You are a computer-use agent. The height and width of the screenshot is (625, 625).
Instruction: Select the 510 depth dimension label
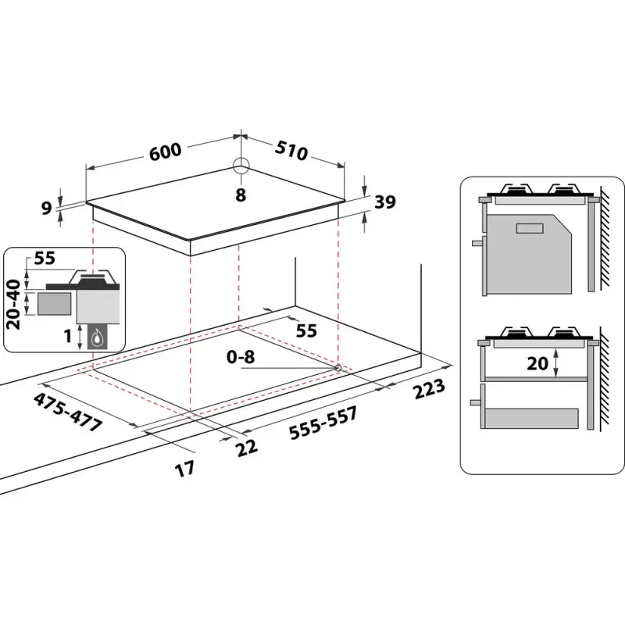coord(290,151)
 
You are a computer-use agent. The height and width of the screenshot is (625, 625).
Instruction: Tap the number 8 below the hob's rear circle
coord(241,195)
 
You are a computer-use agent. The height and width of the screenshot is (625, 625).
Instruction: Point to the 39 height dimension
coord(384,202)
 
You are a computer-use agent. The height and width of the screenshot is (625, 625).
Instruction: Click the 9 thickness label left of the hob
coord(46,208)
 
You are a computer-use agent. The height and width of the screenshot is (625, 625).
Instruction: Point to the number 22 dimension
coord(247,447)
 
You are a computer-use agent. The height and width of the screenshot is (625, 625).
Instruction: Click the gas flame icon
coord(98,338)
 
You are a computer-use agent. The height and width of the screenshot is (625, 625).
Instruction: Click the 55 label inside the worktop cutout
coord(306,330)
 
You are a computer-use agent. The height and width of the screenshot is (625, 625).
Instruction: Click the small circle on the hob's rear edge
coord(241,166)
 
